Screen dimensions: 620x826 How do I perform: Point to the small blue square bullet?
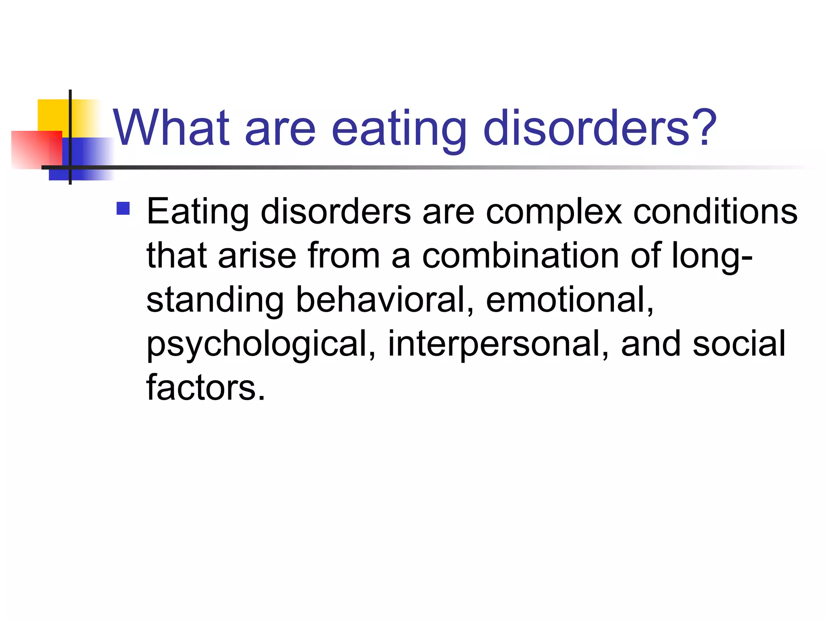[123, 208]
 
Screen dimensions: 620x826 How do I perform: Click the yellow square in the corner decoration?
[52, 115]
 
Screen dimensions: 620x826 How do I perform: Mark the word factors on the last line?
[206, 388]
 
